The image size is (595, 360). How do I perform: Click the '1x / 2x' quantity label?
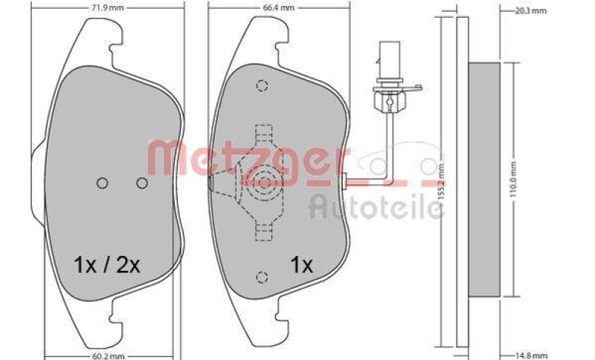click(x=107, y=263)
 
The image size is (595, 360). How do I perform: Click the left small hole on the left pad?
click(x=103, y=182)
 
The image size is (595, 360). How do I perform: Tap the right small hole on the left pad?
click(x=142, y=182)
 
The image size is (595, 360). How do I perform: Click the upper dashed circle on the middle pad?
click(x=260, y=86)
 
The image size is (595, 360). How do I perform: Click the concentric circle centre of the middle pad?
click(x=263, y=181)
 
